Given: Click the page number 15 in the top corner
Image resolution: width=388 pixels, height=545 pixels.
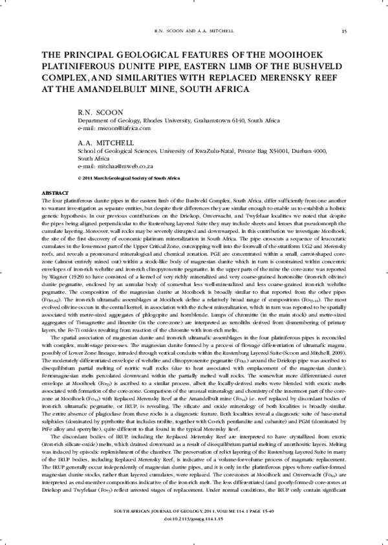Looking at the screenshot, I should click(x=344, y=31).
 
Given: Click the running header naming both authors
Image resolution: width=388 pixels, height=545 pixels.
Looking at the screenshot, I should click(x=194, y=31).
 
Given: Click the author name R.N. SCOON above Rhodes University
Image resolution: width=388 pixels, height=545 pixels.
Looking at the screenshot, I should click(x=100, y=113).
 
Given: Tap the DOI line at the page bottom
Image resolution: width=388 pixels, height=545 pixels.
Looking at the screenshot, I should click(x=194, y=538).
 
